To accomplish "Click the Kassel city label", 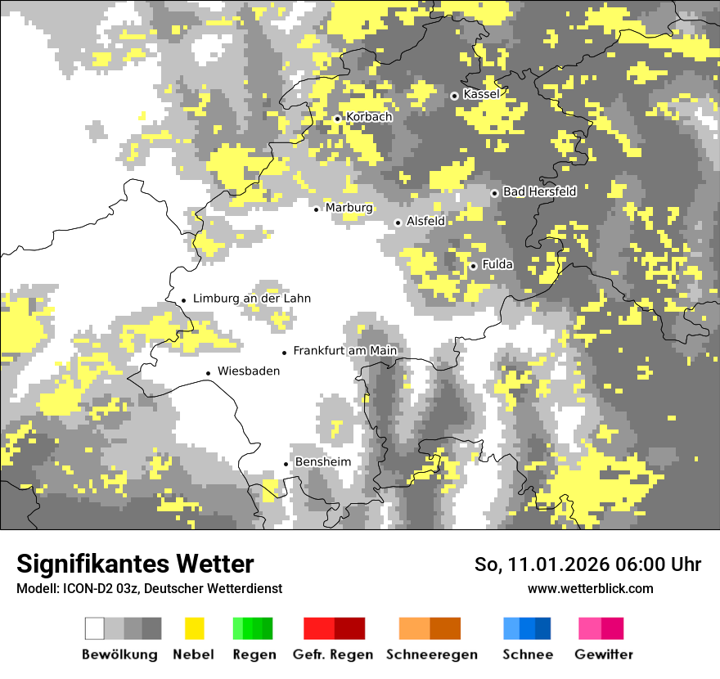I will click(481, 94).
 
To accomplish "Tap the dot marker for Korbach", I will click(337, 119).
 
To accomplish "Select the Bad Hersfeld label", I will click(539, 191).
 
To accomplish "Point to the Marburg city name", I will click(349, 208).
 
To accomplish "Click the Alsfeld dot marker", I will click(398, 223).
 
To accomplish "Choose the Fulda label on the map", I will click(497, 264).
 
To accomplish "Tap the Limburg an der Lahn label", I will click(252, 299).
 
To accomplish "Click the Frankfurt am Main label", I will click(344, 351).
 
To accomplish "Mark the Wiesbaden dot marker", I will click(209, 373).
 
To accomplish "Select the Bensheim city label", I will click(322, 462).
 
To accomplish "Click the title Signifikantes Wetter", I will click(135, 564).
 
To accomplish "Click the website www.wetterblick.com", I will click(590, 588).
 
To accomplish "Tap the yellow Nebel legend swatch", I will click(194, 628).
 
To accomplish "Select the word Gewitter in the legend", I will click(604, 654).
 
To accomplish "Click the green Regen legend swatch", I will click(253, 628).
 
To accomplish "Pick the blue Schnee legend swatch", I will click(527, 628).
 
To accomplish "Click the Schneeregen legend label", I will click(431, 654).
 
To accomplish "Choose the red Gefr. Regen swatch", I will click(334, 628).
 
